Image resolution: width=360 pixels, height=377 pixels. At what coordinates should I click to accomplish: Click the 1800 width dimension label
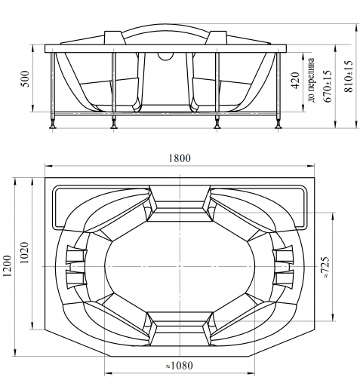pos(180,158)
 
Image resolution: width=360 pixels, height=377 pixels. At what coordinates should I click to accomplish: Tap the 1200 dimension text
pos(8,266)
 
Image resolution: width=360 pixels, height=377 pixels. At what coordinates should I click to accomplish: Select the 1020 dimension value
pos(25,253)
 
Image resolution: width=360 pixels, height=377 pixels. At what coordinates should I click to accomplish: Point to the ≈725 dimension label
pos(325,267)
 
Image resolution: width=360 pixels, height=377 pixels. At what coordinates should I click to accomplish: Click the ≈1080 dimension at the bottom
pos(180,366)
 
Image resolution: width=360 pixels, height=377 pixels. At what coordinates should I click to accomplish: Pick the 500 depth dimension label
pos(25,78)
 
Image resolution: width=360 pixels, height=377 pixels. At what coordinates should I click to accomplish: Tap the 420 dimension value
pos(296,81)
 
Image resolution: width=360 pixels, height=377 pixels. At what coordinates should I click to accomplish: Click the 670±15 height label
pos(328,86)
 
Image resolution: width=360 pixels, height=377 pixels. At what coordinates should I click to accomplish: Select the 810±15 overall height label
pos(349,77)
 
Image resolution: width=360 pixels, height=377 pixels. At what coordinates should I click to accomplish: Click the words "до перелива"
pos(311,81)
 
